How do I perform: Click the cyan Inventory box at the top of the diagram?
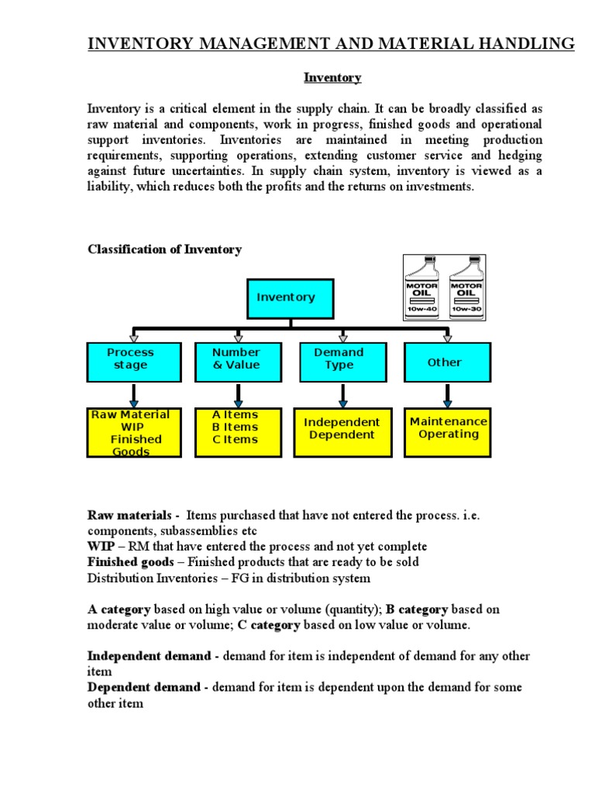coord(286,298)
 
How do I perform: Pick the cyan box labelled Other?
coord(445,362)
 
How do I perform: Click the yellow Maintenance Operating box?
coord(448,429)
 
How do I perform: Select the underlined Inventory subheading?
coord(332,78)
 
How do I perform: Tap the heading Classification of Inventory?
coord(165,249)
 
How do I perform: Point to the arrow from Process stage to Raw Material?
coord(134,395)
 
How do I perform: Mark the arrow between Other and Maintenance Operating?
coord(447,395)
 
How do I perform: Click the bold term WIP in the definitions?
coord(101,547)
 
